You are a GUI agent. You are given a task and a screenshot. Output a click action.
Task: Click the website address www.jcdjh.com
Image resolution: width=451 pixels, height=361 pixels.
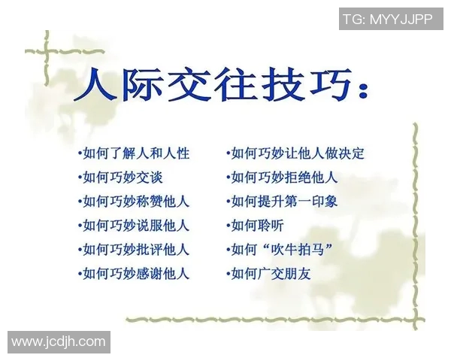(x=59, y=342)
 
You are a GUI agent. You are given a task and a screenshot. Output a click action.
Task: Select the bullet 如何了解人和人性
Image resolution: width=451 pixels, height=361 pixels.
(x=133, y=153)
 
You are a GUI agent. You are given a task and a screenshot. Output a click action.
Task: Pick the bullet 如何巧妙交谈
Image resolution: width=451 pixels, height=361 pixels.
(x=120, y=177)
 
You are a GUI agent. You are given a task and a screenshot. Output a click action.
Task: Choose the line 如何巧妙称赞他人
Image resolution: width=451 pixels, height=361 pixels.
(x=133, y=202)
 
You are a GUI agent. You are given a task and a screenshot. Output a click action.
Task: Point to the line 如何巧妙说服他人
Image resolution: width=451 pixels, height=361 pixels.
(x=133, y=226)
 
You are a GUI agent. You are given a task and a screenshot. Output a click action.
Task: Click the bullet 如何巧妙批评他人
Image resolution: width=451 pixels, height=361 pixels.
(x=133, y=249)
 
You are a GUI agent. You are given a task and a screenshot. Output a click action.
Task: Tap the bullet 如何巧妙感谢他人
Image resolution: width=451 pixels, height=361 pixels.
(x=133, y=273)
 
